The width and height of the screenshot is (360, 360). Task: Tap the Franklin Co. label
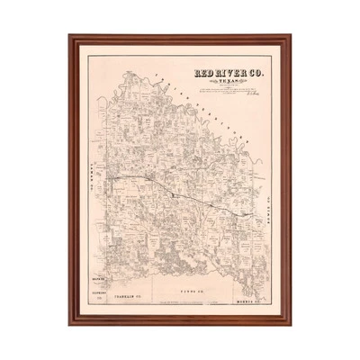point(134,292)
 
